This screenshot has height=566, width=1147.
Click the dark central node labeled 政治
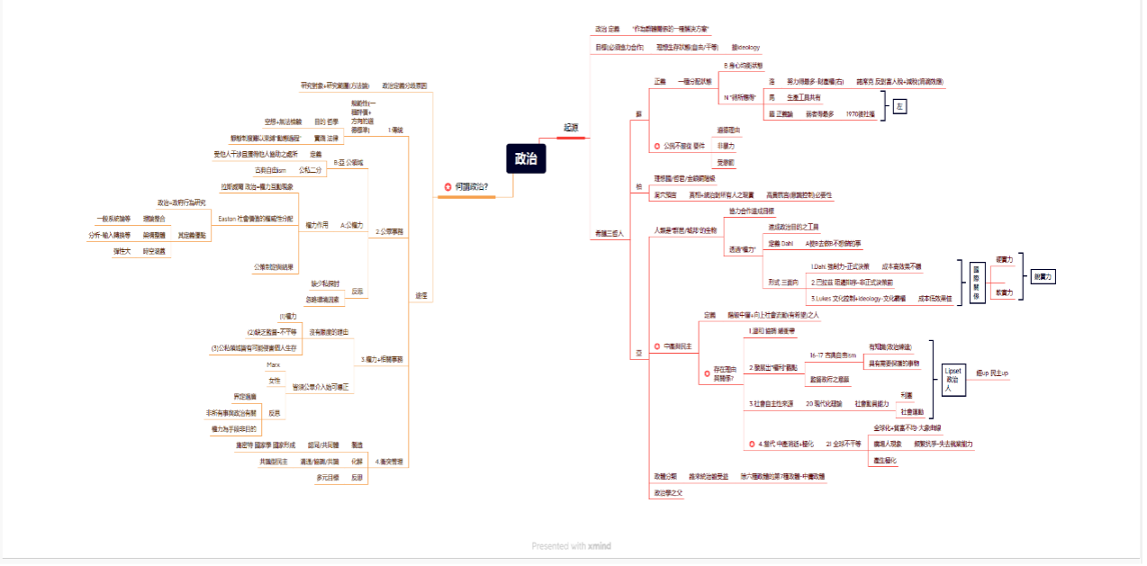pos(526,157)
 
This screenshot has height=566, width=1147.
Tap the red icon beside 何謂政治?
pos(447,186)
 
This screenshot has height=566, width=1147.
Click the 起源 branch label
pos(571,128)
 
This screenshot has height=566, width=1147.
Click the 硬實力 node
pos(1004,259)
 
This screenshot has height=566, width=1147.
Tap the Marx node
pos(273,364)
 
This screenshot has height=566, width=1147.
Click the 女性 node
pos(274,381)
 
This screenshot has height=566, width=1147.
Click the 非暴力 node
pos(725,146)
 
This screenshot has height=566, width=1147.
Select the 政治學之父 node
pos(668,492)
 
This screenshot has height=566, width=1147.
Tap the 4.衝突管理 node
pos(389,461)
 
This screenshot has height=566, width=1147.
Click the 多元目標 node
pos(326,477)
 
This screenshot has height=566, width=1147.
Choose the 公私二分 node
pos(311,169)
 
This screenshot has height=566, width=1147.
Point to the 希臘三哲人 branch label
pos(610,233)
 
